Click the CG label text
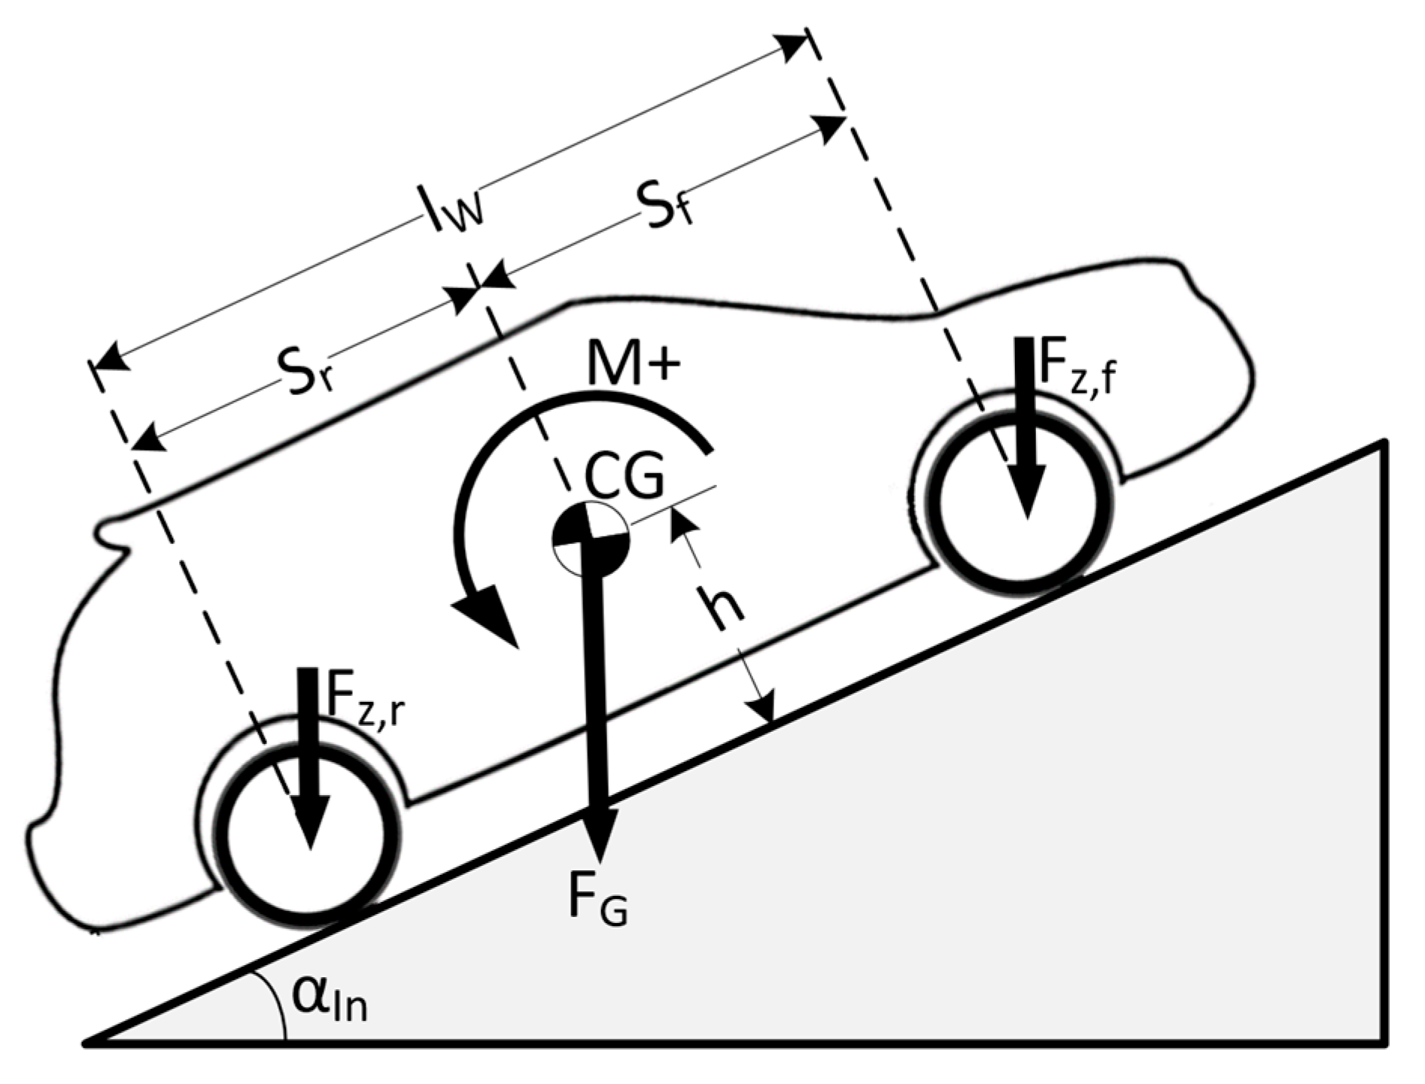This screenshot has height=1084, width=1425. coord(624,477)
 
